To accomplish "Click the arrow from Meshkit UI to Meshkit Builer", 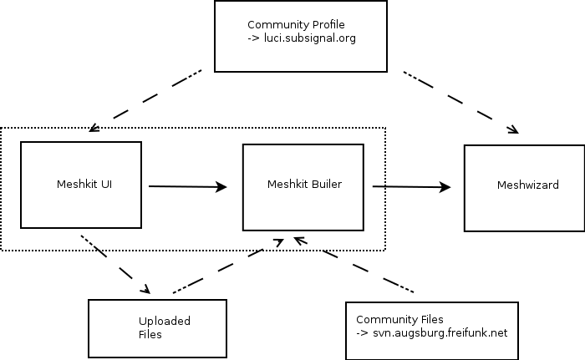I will tap(188, 187).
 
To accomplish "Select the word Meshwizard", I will tap(527, 185).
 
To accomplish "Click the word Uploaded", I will tap(165, 321).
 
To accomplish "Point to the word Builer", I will tap(326, 184).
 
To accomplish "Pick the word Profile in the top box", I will tap(327, 25).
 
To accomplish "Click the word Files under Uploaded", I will tap(150, 334).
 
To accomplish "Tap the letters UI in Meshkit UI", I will tap(106, 185).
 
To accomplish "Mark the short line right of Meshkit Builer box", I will tap(378, 186).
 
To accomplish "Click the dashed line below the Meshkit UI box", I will tap(89, 243).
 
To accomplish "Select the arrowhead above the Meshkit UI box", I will tap(93, 129).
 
